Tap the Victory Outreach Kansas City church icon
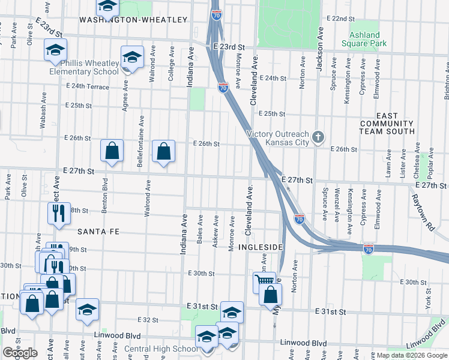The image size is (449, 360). point(319,137)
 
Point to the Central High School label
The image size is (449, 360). point(156,349)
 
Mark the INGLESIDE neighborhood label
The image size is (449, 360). point(261,247)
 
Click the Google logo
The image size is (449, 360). point(20,353)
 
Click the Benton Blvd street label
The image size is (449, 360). point(104,192)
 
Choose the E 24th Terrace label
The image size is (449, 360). point(87,86)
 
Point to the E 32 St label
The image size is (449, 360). point(147,320)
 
